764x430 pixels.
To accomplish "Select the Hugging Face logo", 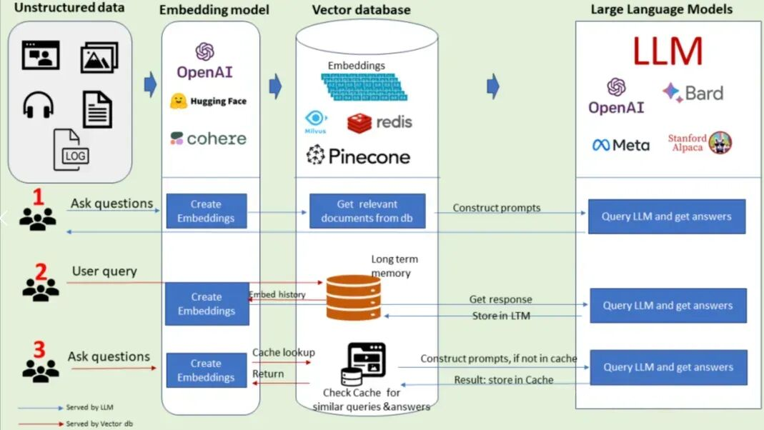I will pyautogui.click(x=208, y=101).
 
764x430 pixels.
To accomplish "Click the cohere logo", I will pyautogui.click(x=208, y=138).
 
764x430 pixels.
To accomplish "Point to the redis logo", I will pyautogui.click(x=379, y=122).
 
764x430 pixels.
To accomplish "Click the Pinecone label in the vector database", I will pyautogui.click(x=358, y=156).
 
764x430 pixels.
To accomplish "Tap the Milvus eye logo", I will pyautogui.click(x=316, y=121).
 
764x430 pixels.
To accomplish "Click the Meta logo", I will pyautogui.click(x=620, y=145).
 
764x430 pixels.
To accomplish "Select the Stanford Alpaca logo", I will pyautogui.click(x=700, y=142).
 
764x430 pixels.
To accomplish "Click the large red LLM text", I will pyautogui.click(x=668, y=52).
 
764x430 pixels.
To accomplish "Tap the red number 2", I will pyautogui.click(x=41, y=271).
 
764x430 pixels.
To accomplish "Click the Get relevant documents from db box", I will pyautogui.click(x=367, y=211).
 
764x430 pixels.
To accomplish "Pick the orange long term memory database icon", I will pyautogui.click(x=353, y=298).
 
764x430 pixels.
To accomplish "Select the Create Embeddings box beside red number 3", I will pyautogui.click(x=206, y=370).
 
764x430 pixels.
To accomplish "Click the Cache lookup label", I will pyautogui.click(x=283, y=352).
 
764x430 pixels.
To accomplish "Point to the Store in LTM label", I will pyautogui.click(x=501, y=316).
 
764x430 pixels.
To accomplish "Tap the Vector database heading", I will pyautogui.click(x=361, y=10).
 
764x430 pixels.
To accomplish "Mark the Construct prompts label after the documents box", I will pyautogui.click(x=497, y=208).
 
